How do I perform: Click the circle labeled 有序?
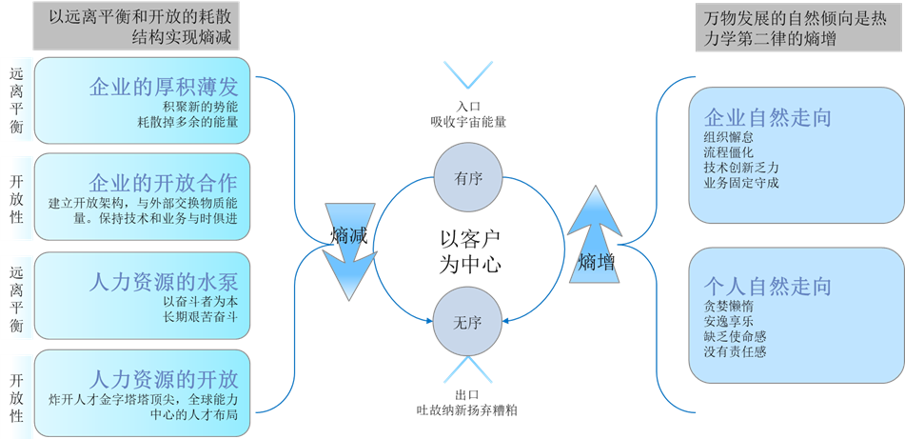(x=467, y=178)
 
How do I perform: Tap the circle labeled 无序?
(x=467, y=322)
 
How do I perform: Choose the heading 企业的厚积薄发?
(x=163, y=86)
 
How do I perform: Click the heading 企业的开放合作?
(x=163, y=182)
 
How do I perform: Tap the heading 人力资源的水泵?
(x=163, y=282)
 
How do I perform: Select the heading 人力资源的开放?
(x=163, y=369)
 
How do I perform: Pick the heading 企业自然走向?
(x=768, y=118)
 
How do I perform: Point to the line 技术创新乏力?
(x=741, y=167)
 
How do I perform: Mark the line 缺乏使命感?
(x=735, y=336)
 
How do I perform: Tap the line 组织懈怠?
(x=728, y=136)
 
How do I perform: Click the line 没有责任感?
(x=735, y=351)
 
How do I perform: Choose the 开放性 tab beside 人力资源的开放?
(x=17, y=390)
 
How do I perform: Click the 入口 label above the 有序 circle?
(x=468, y=106)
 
